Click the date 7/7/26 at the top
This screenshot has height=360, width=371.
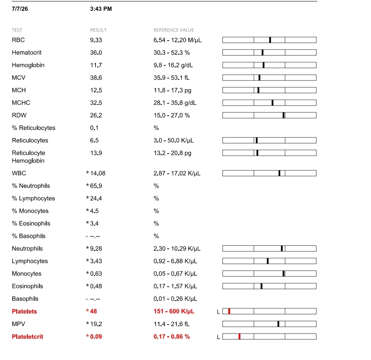(x=20, y=9)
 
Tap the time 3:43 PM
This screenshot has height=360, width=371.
(x=101, y=9)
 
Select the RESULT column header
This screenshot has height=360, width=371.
(x=98, y=30)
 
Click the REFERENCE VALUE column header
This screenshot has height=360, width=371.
(x=174, y=30)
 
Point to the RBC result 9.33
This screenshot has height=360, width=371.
(x=96, y=40)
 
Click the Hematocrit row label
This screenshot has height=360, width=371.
(x=26, y=53)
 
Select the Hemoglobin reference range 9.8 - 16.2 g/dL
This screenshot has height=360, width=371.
(x=173, y=65)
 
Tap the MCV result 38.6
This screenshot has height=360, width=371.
(x=96, y=78)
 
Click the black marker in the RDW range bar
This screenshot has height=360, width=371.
(x=283, y=115)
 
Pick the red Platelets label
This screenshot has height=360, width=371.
(x=24, y=311)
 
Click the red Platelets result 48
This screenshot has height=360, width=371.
(x=94, y=311)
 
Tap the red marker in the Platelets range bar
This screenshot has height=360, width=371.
(x=229, y=311)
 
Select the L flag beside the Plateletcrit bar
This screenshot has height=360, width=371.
(x=218, y=337)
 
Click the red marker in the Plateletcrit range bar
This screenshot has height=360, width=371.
(x=239, y=336)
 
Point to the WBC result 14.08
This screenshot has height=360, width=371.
(x=98, y=173)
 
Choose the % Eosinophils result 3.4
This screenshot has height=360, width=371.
(x=94, y=224)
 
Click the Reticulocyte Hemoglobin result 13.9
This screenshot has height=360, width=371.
(x=96, y=153)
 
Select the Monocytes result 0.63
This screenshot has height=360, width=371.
(x=96, y=274)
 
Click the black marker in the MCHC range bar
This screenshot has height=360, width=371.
(x=273, y=103)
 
